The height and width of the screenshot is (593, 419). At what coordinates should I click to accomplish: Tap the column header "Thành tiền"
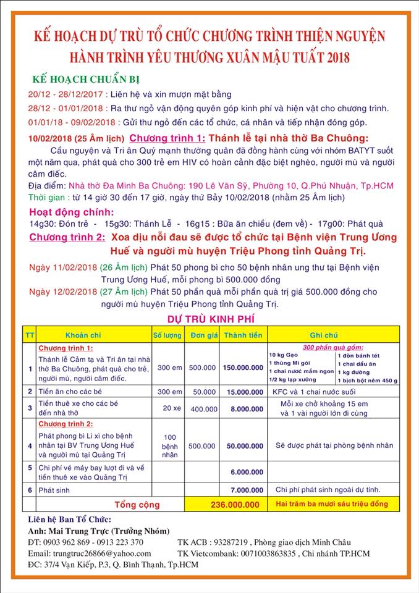(x=243, y=334)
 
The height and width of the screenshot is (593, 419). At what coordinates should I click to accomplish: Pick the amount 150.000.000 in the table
(x=243, y=367)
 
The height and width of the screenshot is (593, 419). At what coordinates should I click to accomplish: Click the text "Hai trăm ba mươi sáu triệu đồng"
(x=332, y=504)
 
